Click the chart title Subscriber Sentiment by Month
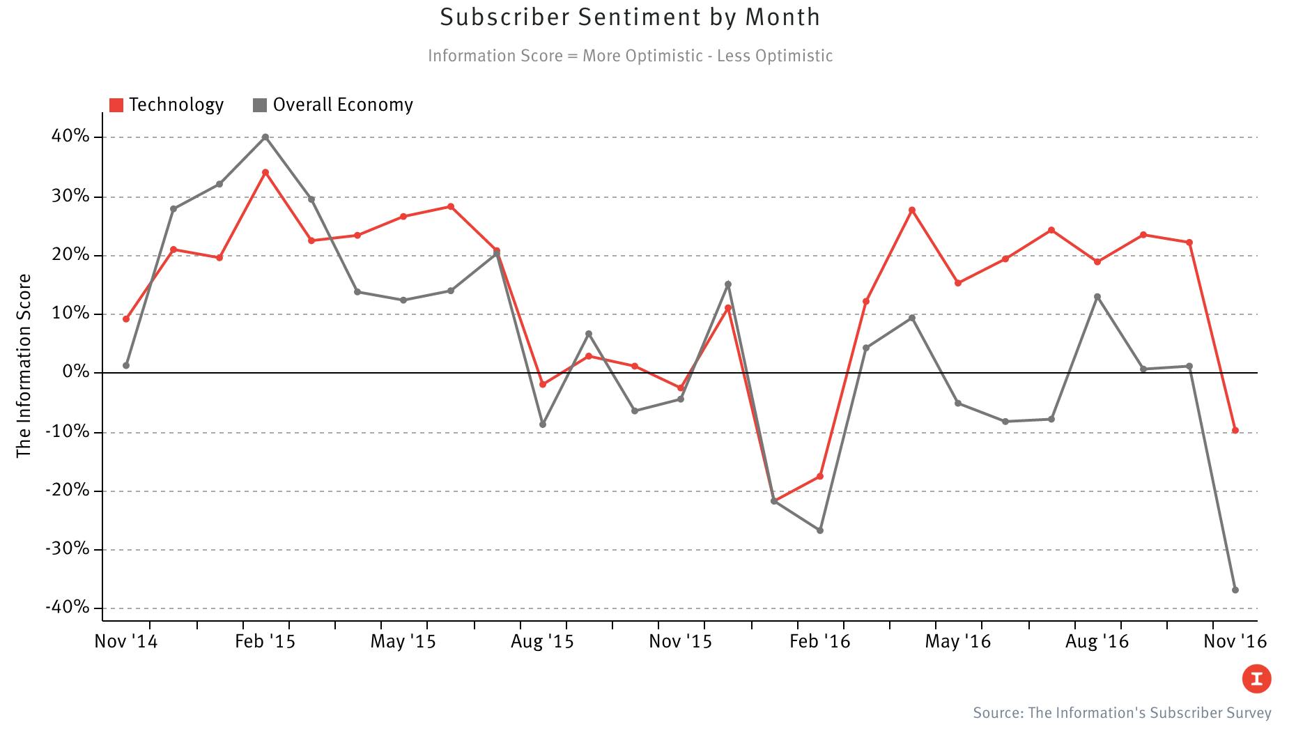tap(630, 17)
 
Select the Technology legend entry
tap(167, 105)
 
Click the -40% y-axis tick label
tap(68, 608)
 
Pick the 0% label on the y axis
tap(76, 372)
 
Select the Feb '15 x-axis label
tap(265, 641)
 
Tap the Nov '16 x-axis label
tap(1235, 641)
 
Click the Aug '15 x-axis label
tap(542, 641)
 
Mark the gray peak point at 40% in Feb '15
tap(265, 137)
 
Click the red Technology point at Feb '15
tap(265, 172)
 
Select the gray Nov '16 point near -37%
tap(1235, 590)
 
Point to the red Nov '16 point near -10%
tap(1235, 431)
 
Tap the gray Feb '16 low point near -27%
tap(820, 530)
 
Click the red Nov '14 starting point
tap(126, 319)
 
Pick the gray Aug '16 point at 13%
tap(1097, 297)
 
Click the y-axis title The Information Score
tap(24, 366)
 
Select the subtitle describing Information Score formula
tap(630, 56)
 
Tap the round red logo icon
tap(1256, 679)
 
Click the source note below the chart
tap(1122, 713)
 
